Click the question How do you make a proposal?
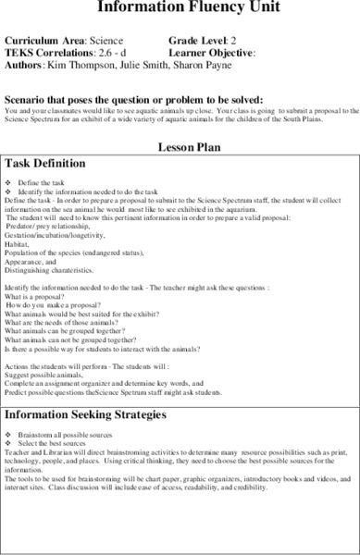[52, 304]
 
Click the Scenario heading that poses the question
[134, 98]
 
